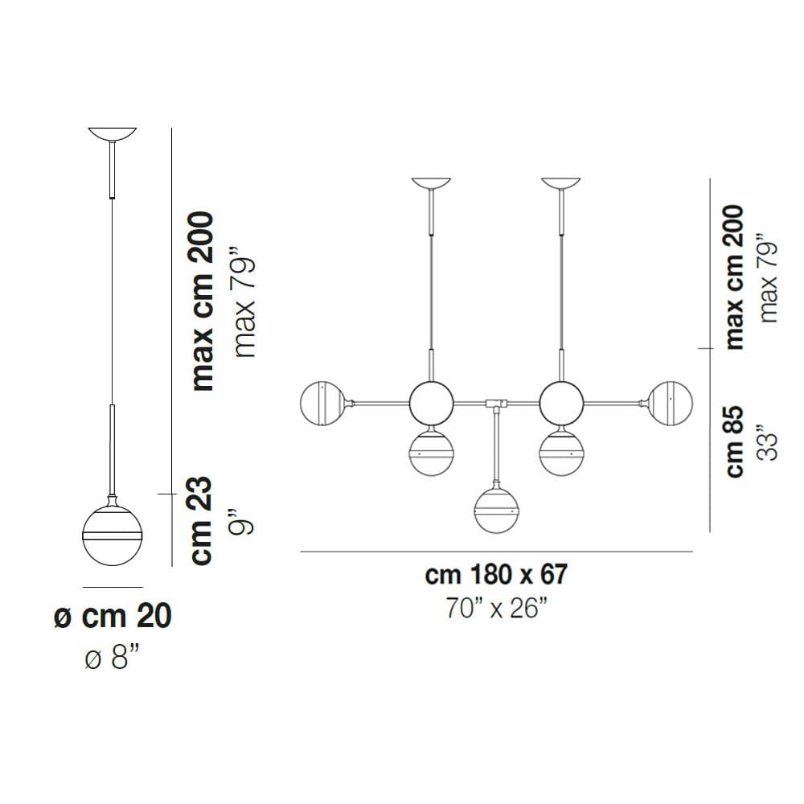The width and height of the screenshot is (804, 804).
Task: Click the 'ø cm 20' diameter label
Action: pyautogui.click(x=113, y=616)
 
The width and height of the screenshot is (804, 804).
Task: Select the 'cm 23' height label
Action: pyautogui.click(x=200, y=521)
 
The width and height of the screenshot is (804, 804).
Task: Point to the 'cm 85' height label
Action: pyautogui.click(x=733, y=441)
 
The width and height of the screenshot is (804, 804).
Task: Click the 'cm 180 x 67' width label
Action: pyautogui.click(x=496, y=574)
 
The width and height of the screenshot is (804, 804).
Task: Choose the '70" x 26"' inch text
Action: pyautogui.click(x=496, y=608)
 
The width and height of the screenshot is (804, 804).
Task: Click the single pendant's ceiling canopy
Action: pyautogui.click(x=113, y=133)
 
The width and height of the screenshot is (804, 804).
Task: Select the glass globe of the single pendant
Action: pyautogui.click(x=113, y=535)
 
